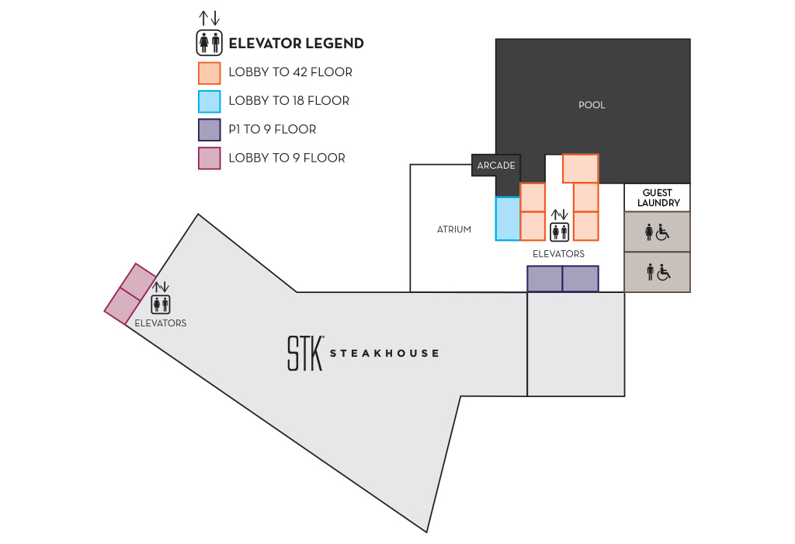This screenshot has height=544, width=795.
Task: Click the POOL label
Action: (x=592, y=105)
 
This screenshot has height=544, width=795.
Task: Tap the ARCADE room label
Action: (x=496, y=166)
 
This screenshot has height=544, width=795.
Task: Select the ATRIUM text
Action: (x=454, y=229)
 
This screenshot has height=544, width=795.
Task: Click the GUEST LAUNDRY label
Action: (x=658, y=197)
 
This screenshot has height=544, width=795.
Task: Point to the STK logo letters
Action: (x=304, y=353)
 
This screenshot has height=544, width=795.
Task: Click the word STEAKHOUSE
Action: (x=384, y=354)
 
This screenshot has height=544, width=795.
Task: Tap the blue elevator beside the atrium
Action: (x=508, y=218)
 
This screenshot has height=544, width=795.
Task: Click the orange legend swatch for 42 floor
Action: (x=210, y=72)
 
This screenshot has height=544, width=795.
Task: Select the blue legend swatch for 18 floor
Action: (x=210, y=101)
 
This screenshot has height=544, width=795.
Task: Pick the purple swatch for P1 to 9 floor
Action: (x=210, y=130)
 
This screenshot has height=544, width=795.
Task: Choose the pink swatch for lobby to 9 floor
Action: (x=210, y=159)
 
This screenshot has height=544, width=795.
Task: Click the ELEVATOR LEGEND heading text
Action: (x=296, y=44)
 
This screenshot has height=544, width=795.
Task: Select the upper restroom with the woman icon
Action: (x=657, y=232)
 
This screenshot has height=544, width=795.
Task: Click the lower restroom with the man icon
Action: (x=657, y=272)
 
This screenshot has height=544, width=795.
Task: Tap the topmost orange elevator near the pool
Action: (x=580, y=168)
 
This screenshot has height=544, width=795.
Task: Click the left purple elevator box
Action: (x=544, y=278)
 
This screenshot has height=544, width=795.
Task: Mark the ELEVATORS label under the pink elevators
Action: (x=161, y=323)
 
